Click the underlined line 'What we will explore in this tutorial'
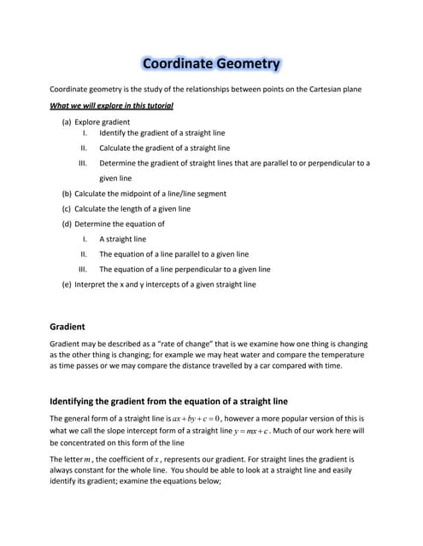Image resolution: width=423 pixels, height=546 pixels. coord(112,106)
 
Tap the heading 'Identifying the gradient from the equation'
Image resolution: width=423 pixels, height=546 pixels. coord(168,401)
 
